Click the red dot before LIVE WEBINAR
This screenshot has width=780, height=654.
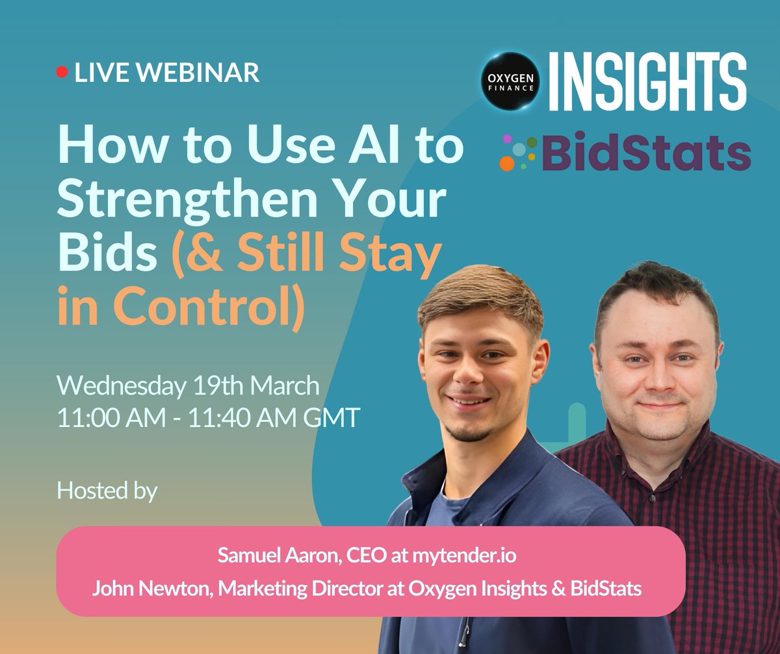(x=62, y=73)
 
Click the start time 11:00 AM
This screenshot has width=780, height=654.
(x=111, y=417)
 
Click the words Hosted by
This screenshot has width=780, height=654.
(x=107, y=490)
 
